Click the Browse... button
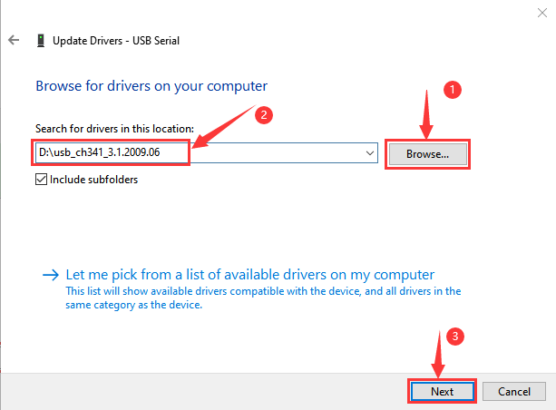coord(427,154)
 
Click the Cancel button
coord(513,391)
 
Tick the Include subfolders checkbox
coord(41,179)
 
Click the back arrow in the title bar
coord(14,40)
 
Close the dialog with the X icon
coord(541,13)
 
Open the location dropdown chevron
coord(370,153)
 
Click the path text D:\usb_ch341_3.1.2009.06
coord(99,152)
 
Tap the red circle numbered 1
coord(452,90)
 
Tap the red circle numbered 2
coord(264,115)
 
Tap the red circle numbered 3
coord(455,337)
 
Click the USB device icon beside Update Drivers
coord(41,41)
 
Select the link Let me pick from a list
coord(250,275)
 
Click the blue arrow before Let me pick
coord(51,275)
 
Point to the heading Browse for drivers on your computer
coord(151,86)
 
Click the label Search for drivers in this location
coord(114,129)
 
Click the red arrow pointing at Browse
coord(426,114)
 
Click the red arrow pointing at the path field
coord(223,126)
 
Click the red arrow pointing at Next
coord(439,355)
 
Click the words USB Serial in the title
coord(156,41)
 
